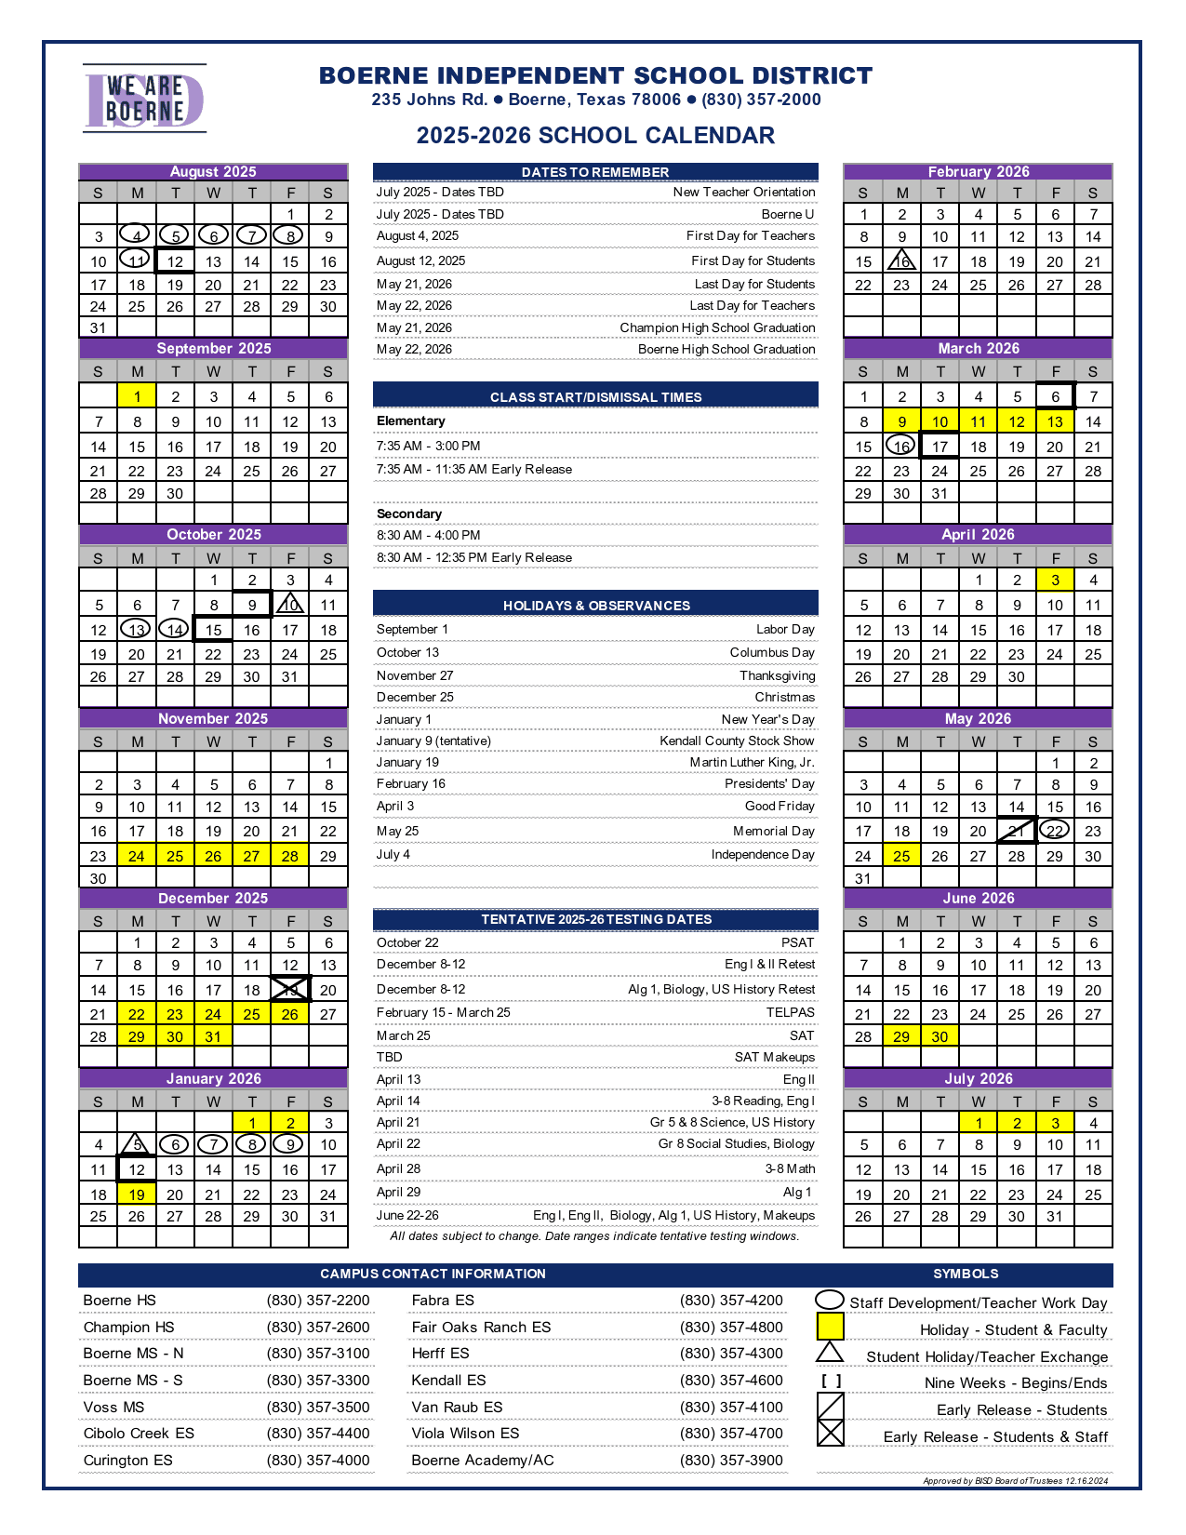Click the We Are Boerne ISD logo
144,99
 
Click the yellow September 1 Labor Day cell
137,396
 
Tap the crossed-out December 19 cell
290,989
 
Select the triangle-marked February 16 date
901,261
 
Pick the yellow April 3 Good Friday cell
1055,580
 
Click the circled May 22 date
1055,831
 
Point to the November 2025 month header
213,718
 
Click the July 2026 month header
978,1078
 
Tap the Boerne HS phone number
318,1301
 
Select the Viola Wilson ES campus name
465,1434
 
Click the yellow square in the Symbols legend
830,1327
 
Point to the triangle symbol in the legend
830,1353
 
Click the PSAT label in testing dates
798,942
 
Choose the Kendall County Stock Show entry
737,741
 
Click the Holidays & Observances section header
596,606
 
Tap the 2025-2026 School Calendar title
595,136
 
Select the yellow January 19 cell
137,1195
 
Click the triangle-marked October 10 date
290,605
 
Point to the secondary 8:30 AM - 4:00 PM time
429,536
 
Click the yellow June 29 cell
901,1036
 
